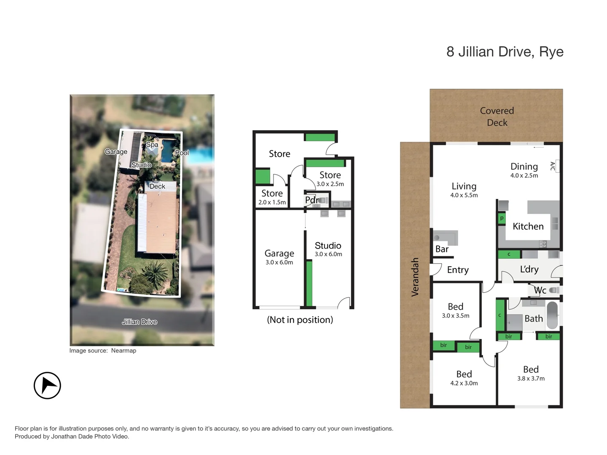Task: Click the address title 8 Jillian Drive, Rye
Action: pyautogui.click(x=505, y=52)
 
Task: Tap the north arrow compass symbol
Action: pyautogui.click(x=47, y=385)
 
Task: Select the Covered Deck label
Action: pyautogui.click(x=497, y=117)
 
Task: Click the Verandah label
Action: pyautogui.click(x=415, y=277)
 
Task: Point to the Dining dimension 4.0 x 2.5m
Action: pyautogui.click(x=524, y=176)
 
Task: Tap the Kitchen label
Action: pyautogui.click(x=528, y=227)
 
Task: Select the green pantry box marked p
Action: pyautogui.click(x=502, y=218)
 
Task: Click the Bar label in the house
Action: pyautogui.click(x=442, y=249)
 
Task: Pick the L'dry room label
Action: pyautogui.click(x=529, y=270)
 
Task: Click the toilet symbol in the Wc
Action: pyautogui.click(x=555, y=290)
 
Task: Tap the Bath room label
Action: pyautogui.click(x=533, y=319)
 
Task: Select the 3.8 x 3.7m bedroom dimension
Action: pyautogui.click(x=531, y=379)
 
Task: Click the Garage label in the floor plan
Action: pyautogui.click(x=279, y=253)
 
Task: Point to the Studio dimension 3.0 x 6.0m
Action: pyautogui.click(x=328, y=254)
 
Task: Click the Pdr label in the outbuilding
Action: pyautogui.click(x=312, y=201)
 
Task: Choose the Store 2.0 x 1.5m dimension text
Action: pyautogui.click(x=272, y=203)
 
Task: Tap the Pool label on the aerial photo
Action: pyautogui.click(x=182, y=153)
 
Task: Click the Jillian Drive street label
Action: pyautogui.click(x=140, y=322)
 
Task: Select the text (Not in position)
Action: pyautogui.click(x=300, y=320)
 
